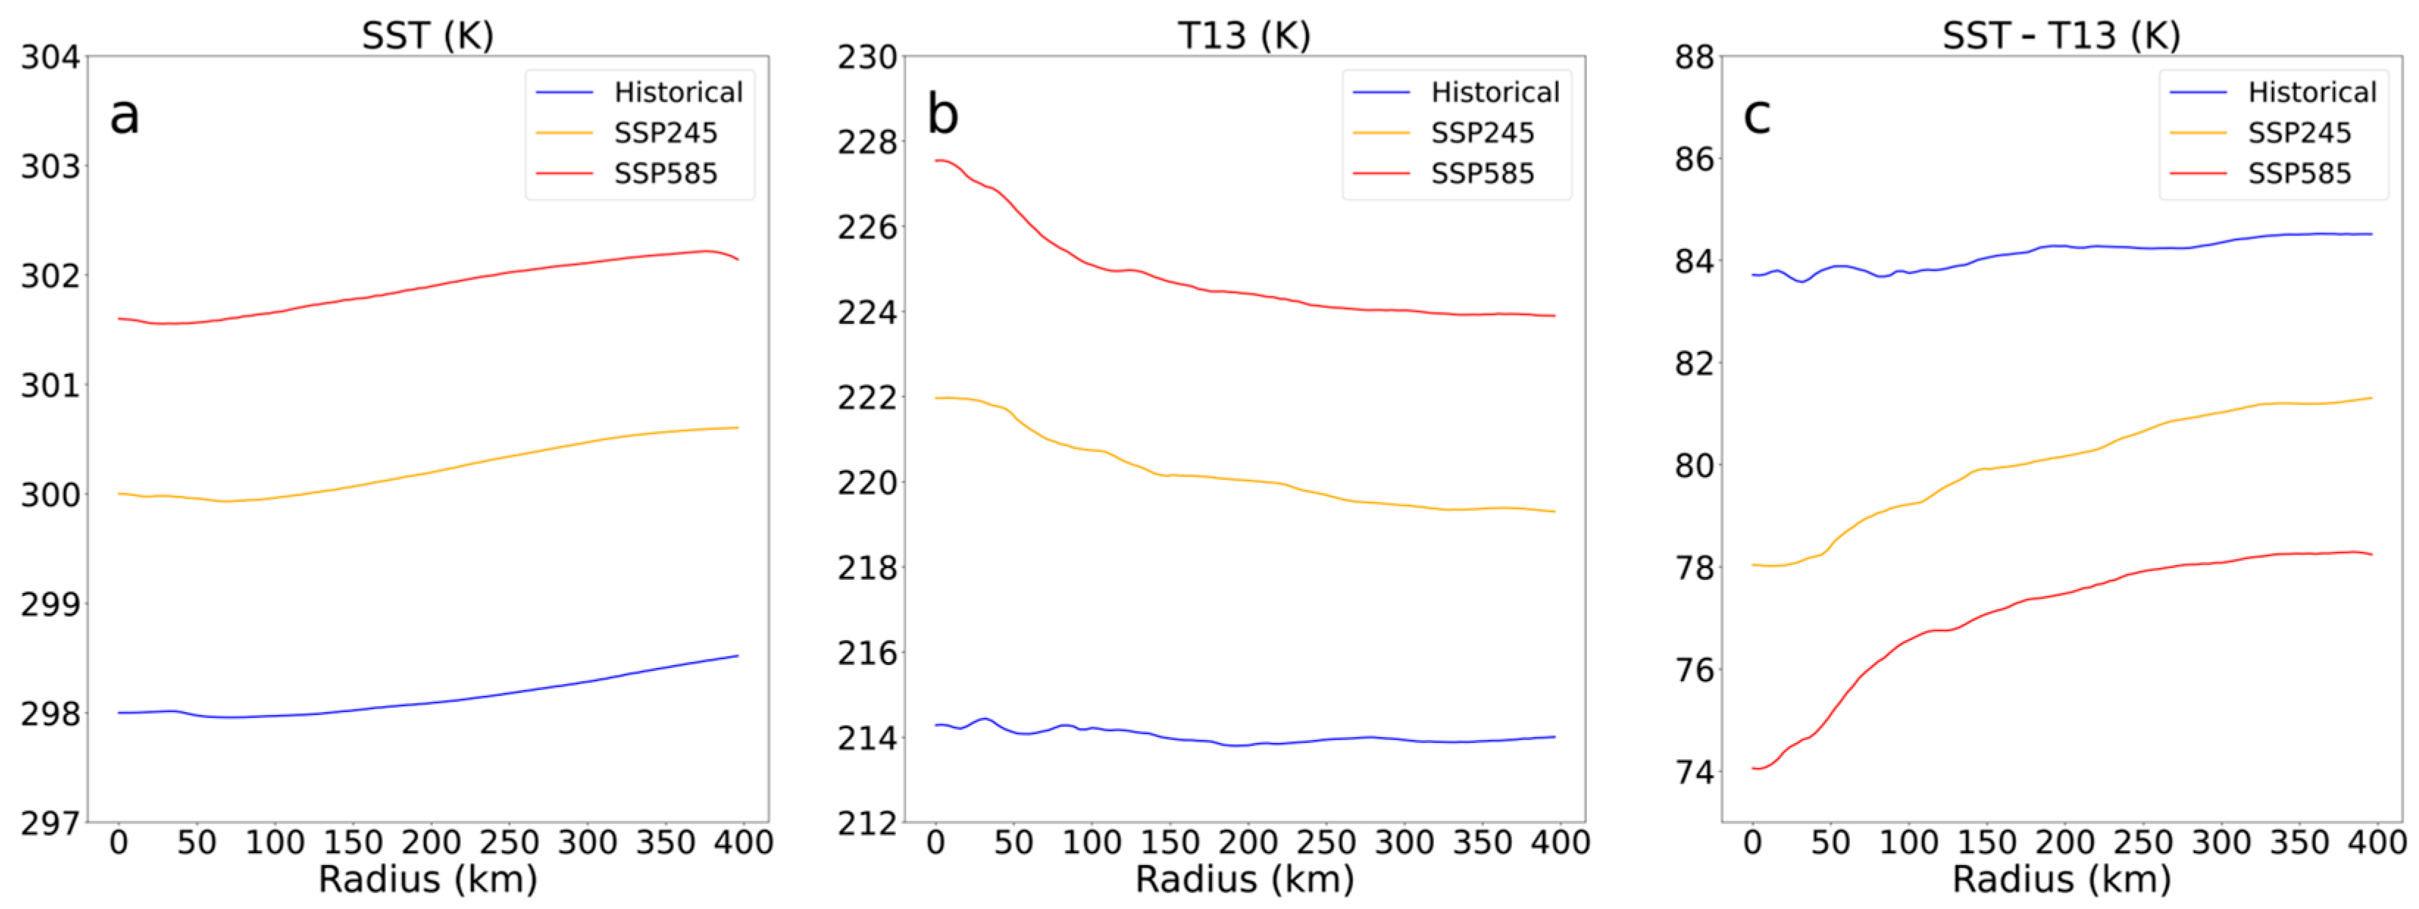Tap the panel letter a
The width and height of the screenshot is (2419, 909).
(x=124, y=115)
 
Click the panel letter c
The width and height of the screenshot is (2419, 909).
(x=1757, y=115)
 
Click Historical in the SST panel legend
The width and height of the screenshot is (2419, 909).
(x=678, y=92)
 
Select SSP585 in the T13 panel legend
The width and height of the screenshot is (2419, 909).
(x=1482, y=173)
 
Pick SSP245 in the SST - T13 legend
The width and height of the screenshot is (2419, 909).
(x=2298, y=133)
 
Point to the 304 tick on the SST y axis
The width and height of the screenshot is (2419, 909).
(x=51, y=57)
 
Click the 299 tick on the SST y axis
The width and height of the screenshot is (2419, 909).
(x=51, y=604)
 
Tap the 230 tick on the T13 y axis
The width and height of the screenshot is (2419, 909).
(x=867, y=57)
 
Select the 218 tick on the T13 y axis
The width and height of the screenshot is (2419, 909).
(x=867, y=568)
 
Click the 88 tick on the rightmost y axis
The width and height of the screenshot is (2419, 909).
(x=1694, y=57)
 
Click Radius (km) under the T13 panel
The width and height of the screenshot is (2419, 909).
(x=1244, y=880)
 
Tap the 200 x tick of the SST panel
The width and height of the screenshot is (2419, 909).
(x=431, y=842)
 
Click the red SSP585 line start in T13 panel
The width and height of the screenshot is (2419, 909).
(x=936, y=161)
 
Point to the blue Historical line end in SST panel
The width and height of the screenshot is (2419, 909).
(x=737, y=655)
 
